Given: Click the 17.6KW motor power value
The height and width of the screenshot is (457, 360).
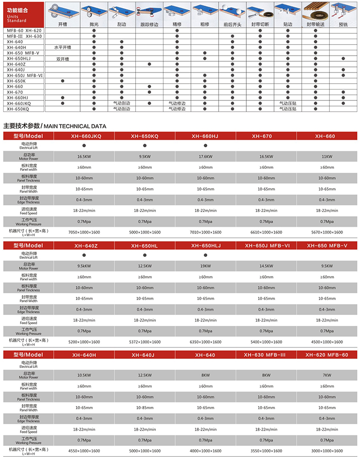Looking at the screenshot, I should [x=205, y=155].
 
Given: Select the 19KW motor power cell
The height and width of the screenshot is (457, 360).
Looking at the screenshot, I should [x=205, y=266].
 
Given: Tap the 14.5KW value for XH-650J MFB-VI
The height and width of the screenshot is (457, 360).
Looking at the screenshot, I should [x=266, y=266].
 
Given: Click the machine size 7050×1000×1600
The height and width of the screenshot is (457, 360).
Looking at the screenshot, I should [x=84, y=233].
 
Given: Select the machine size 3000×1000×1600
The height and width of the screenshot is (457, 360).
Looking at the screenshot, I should [x=327, y=451].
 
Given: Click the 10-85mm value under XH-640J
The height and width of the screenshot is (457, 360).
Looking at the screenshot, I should [x=145, y=408].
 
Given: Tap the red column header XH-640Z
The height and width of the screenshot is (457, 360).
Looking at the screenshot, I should [x=84, y=246].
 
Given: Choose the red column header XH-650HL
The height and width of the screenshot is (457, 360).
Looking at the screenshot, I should [x=145, y=246].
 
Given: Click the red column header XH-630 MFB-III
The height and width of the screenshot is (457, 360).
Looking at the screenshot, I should [x=266, y=355].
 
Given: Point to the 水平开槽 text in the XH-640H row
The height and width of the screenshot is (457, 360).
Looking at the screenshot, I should [x=61, y=47].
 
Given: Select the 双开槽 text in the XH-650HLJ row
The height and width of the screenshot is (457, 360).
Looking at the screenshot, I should [x=61, y=59].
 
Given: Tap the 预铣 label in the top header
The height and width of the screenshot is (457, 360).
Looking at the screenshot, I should [x=343, y=24].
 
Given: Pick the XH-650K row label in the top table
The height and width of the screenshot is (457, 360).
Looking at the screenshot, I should [x=16, y=81].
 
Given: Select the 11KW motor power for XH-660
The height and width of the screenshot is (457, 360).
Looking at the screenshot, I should [x=327, y=155].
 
